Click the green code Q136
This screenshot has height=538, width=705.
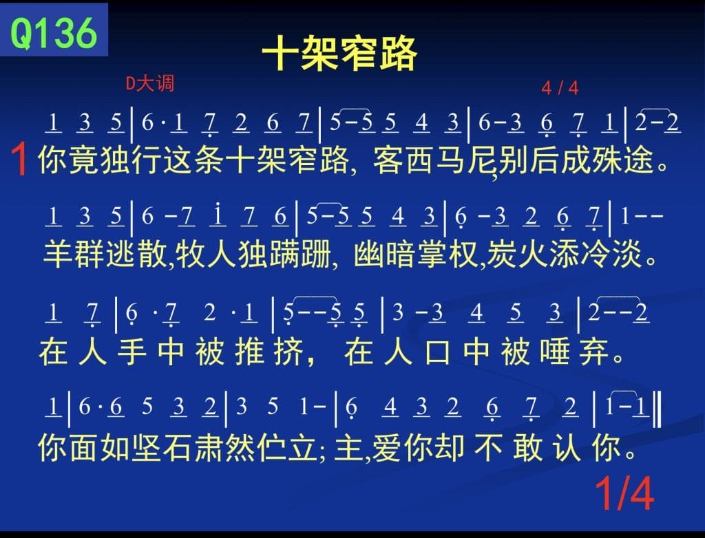[x=54, y=33]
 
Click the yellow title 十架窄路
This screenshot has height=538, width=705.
[x=339, y=53]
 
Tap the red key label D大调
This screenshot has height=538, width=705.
[x=149, y=83]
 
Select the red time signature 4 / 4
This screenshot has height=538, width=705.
[x=560, y=87]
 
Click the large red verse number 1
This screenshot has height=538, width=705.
[x=20, y=159]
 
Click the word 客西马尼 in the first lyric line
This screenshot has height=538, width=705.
[x=434, y=160]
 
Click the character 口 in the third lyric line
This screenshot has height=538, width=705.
[x=438, y=352]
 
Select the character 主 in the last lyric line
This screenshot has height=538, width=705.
[x=348, y=448]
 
